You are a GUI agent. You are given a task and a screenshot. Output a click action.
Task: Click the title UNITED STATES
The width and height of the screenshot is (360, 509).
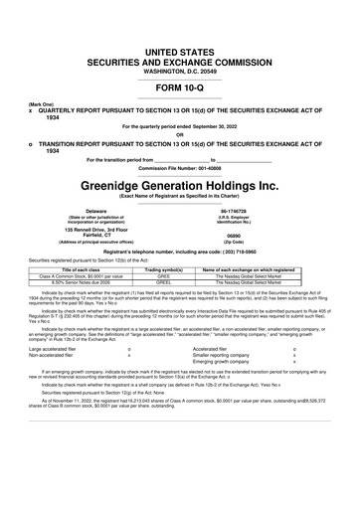pos(180,50)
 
